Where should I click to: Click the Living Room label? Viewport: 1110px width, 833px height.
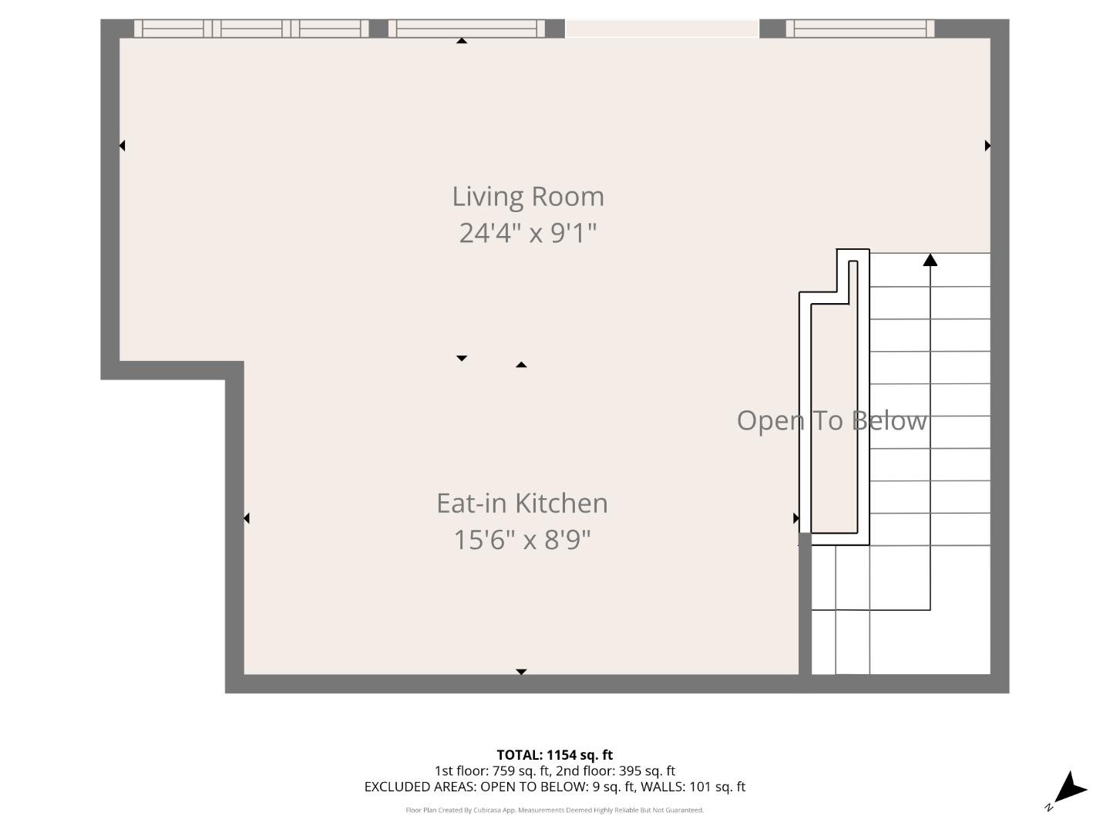point(528,197)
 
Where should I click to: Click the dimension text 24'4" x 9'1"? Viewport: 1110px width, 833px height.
point(528,232)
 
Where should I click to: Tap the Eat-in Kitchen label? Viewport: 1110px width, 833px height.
point(522,503)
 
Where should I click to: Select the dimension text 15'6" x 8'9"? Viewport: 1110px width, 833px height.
point(522,539)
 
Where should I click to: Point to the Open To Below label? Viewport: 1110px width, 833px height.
point(831,420)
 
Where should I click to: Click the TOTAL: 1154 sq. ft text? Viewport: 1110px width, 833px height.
point(554,754)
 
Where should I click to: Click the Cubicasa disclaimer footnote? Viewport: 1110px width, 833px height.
point(554,810)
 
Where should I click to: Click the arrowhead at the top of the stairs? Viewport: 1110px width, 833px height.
point(930,260)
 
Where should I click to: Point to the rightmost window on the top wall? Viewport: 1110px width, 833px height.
point(859,29)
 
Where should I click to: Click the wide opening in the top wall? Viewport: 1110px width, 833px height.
point(662,29)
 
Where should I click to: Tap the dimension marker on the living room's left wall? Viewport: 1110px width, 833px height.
point(122,145)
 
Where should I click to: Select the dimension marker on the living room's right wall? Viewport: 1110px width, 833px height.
point(987,145)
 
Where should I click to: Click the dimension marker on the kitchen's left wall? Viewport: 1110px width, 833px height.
point(247,518)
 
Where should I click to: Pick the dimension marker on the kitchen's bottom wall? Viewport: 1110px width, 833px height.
point(521,672)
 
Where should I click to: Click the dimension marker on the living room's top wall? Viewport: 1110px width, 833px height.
point(461,41)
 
